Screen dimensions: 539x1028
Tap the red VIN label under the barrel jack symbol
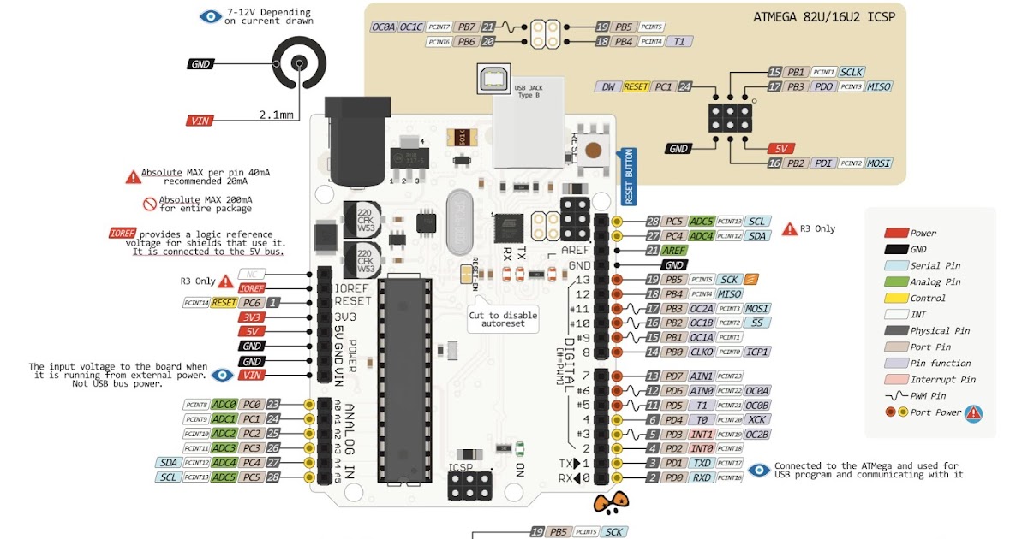200,121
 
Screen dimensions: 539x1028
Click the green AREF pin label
674,250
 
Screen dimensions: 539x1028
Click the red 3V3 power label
252,317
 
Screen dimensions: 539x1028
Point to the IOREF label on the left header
252,288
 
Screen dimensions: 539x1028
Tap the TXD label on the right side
701,463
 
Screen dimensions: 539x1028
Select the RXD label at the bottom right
701,477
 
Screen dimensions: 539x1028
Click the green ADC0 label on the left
224,405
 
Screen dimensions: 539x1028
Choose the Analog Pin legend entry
935,281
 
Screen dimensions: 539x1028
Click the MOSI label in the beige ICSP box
878,163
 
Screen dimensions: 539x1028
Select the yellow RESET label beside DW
636,86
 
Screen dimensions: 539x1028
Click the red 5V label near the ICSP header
781,148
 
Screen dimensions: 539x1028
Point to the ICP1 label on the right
757,352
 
